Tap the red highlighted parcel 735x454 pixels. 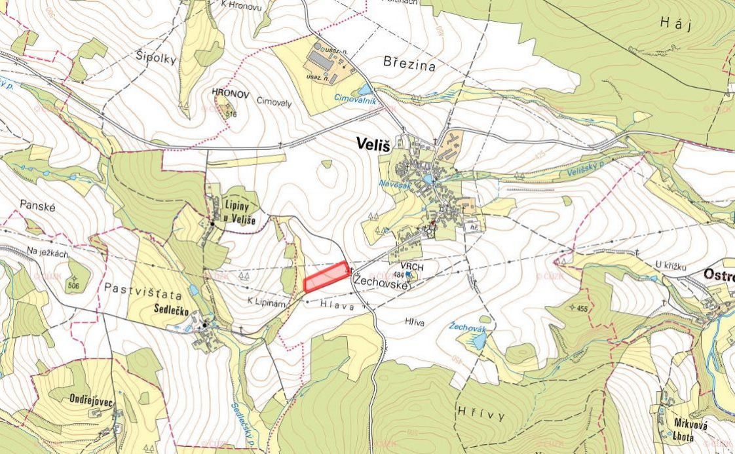coord(326,276)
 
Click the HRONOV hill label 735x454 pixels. coord(231,94)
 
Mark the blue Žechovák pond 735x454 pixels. coord(478,340)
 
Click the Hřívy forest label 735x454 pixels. coord(481,416)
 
